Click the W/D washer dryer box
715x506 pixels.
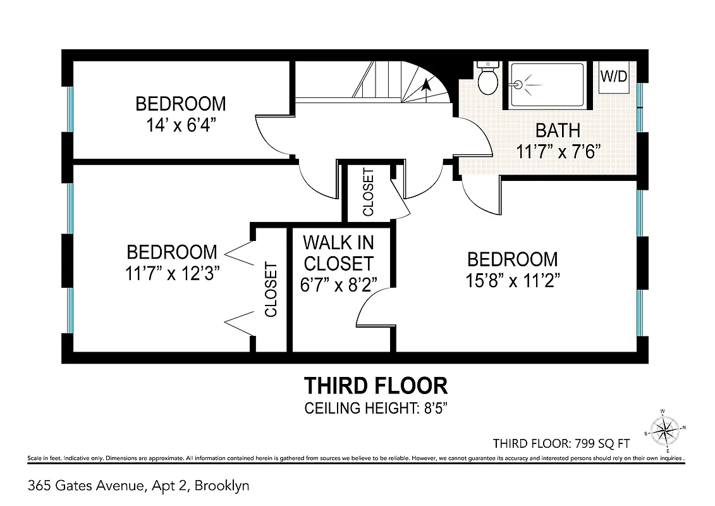[x=614, y=77]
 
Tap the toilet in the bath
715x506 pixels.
[x=487, y=78]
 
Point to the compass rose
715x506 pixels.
[x=664, y=431]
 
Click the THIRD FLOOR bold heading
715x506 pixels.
[x=376, y=385]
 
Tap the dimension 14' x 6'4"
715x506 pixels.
[x=181, y=124]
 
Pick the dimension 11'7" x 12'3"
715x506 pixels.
[x=172, y=273]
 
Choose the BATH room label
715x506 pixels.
[x=558, y=130]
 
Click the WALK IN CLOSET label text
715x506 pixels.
[x=338, y=252]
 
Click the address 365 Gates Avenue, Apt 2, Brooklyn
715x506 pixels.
[x=139, y=486]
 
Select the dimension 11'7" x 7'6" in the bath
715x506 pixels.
[x=558, y=152]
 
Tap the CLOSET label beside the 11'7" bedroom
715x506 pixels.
[x=271, y=289]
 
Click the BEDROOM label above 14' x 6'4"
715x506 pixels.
[x=181, y=103]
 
